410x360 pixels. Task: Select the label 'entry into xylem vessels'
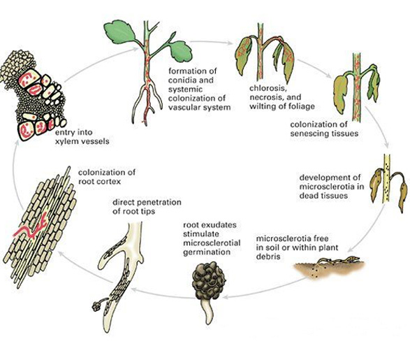[82, 137]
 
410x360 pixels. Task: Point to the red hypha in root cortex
[31, 228]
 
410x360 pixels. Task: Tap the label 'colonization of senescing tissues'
[324, 129]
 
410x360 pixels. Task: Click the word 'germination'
[207, 252]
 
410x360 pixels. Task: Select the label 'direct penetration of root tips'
[147, 207]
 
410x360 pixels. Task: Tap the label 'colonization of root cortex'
[107, 177]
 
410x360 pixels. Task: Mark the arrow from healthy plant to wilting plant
[211, 42]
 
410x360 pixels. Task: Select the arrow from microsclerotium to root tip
[163, 294]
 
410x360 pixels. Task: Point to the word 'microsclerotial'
[212, 243]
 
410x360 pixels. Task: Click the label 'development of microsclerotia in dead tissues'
[332, 187]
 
